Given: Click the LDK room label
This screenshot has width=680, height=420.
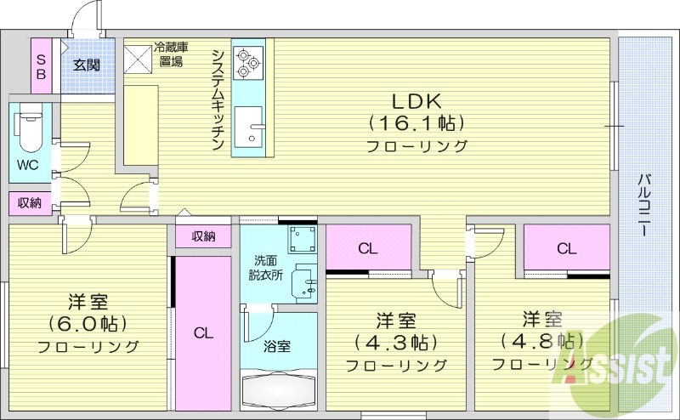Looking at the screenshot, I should point(416,98).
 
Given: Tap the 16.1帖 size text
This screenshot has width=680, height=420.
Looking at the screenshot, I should point(416,122).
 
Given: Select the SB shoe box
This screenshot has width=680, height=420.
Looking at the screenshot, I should point(40,65).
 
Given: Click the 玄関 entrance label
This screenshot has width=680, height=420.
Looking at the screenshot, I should point(86,65).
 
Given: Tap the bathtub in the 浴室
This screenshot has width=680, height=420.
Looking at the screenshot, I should point(279,390).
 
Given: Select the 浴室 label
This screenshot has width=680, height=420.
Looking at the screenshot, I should point(277,346).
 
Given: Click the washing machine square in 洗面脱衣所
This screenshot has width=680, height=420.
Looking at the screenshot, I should point(300,241).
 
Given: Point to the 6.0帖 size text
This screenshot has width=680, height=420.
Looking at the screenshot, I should point(88,324).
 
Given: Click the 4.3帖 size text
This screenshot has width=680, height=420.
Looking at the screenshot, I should point(396,343).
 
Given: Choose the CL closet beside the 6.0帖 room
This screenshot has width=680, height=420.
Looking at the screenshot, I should point(202,333).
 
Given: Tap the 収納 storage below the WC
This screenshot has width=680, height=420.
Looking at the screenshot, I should point(30,202).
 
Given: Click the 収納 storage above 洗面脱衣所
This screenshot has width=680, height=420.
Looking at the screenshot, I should point(203,236).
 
